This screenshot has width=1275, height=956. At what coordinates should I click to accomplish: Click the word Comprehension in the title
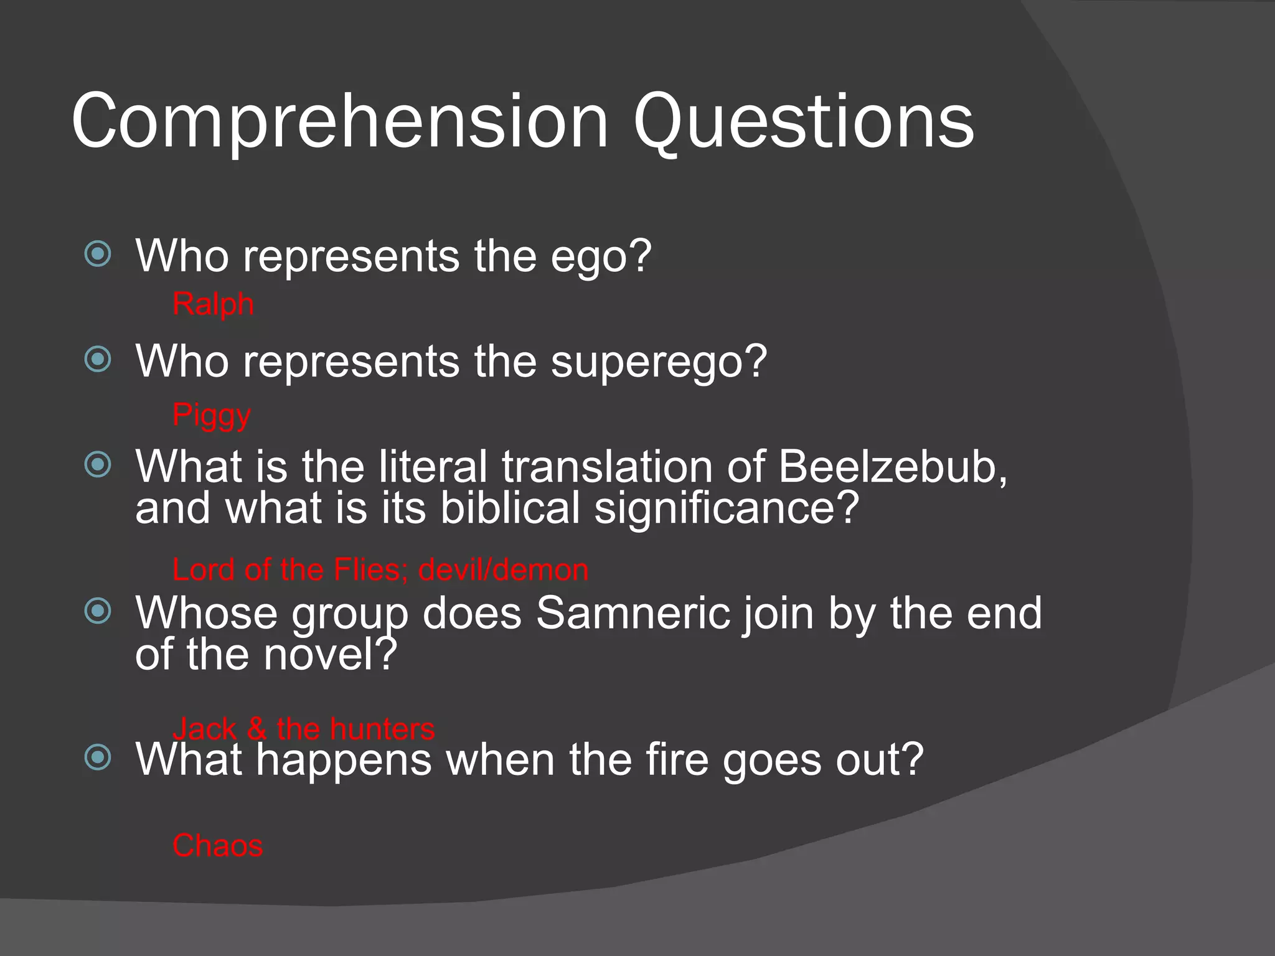click(x=339, y=121)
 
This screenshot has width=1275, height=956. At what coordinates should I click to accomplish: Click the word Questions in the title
click(x=803, y=121)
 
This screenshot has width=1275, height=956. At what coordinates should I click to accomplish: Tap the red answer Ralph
click(x=213, y=304)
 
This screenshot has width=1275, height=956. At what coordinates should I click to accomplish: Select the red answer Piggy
click(x=212, y=415)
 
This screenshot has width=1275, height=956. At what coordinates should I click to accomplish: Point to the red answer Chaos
click(x=218, y=846)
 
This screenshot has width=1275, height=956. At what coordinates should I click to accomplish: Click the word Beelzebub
click(x=892, y=466)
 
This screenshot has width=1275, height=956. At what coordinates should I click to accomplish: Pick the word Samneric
click(x=633, y=613)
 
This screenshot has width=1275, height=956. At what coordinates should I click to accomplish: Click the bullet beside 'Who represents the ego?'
click(x=98, y=254)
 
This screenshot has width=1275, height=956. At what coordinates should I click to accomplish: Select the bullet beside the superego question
click(x=98, y=359)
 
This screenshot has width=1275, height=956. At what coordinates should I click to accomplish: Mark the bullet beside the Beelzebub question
click(x=98, y=464)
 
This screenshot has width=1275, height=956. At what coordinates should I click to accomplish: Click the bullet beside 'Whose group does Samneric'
click(x=98, y=611)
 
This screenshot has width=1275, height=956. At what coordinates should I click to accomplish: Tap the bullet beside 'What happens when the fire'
click(x=98, y=757)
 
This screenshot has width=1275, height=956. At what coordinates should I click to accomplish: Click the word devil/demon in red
click(x=503, y=569)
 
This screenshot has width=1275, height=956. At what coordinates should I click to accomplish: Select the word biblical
click(x=510, y=508)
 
